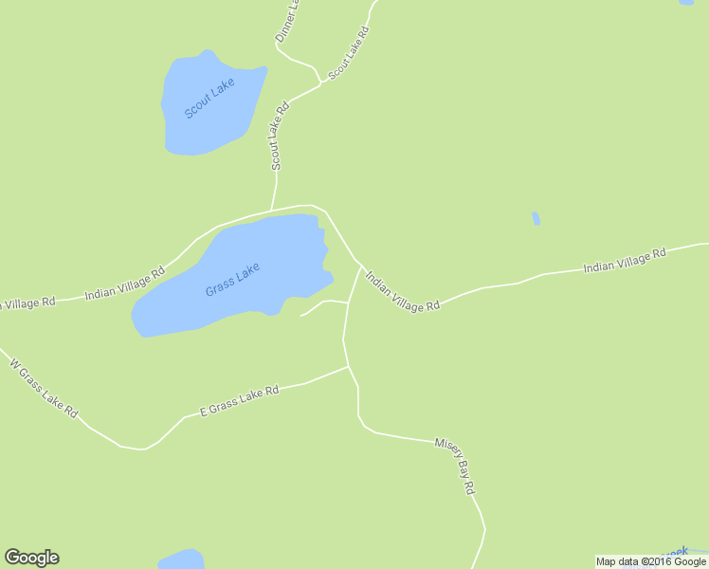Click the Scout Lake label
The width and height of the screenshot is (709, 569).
pos(209,99)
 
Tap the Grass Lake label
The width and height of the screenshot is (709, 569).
pos(232,279)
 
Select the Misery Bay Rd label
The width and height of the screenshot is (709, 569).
pos(455,466)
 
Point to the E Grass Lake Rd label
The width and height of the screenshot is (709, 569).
pos(240,401)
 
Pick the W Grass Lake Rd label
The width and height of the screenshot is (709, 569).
pos(43,390)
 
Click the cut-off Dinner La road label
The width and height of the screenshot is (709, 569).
pos(287,21)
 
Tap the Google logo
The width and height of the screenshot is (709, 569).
pos(31,558)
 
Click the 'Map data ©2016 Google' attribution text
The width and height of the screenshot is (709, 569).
pos(651,561)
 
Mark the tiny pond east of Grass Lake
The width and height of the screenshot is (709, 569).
pos(536,219)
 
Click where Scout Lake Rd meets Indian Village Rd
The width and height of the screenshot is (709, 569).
pos(272,210)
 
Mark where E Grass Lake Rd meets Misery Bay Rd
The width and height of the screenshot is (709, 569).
pos(349,367)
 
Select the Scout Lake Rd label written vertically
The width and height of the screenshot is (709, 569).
pos(278,136)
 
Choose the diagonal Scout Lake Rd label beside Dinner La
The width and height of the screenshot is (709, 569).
pos(348,52)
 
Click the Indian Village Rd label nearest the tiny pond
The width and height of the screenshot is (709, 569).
pos(625,261)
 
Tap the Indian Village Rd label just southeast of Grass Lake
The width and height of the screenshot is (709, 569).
pos(403,293)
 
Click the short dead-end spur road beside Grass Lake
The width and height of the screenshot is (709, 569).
pos(322,304)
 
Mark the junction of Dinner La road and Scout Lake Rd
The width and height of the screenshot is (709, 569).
pos(320,83)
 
